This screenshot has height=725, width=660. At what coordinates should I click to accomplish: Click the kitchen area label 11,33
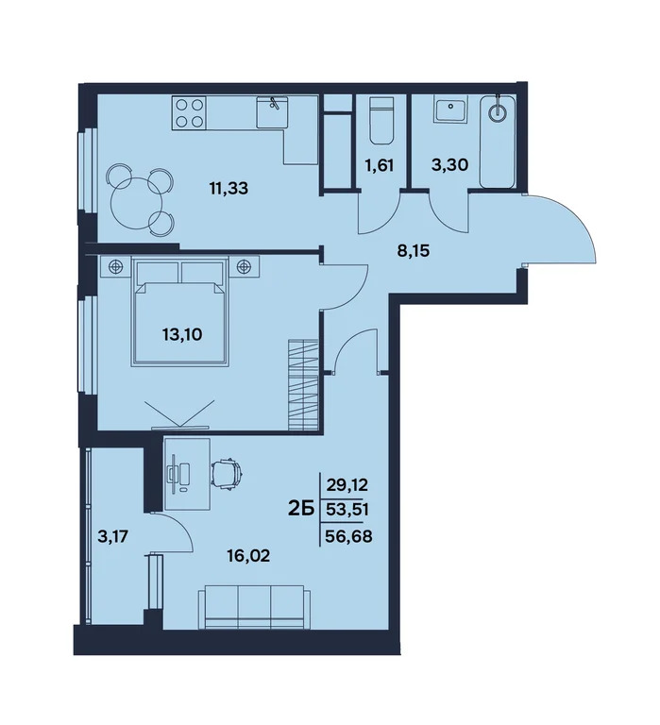point(229,187)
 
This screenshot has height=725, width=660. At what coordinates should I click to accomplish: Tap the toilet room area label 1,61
point(378,168)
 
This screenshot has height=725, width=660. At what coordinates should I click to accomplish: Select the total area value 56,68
point(346,533)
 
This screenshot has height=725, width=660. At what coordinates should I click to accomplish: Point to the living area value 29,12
point(346,485)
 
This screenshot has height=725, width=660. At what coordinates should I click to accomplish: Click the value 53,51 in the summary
point(346,510)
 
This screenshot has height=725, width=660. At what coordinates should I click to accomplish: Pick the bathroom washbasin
point(448,111)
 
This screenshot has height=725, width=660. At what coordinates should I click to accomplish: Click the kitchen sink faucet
point(274,105)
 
